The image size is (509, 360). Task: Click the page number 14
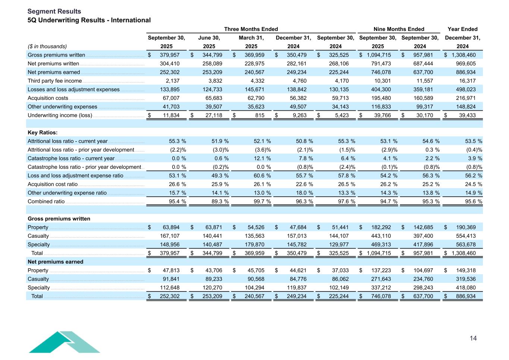pyautogui.click(x=473, y=338)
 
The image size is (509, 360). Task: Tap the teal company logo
pyautogui.click(x=64, y=342)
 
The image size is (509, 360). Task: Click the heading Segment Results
pyautogui.click(x=54, y=12)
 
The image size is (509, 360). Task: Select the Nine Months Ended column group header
pyautogui.click(x=399, y=29)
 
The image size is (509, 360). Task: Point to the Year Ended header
pyautogui.click(x=462, y=29)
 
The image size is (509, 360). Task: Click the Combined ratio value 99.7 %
pyautogui.click(x=261, y=202)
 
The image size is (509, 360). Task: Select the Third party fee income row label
pyautogui.click(x=54, y=81)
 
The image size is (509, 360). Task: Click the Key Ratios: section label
pyautogui.click(x=43, y=133)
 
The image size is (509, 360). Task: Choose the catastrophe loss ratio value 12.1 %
pyautogui.click(x=261, y=158)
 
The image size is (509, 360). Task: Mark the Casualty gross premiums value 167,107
pyautogui.click(x=170, y=236)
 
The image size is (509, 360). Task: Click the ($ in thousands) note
pyautogui.click(x=47, y=46)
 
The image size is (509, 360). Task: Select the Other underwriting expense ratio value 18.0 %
pyautogui.click(x=303, y=193)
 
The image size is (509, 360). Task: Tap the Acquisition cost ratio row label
pyautogui.click(x=53, y=184)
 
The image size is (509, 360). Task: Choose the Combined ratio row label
pyautogui.click(x=46, y=202)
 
